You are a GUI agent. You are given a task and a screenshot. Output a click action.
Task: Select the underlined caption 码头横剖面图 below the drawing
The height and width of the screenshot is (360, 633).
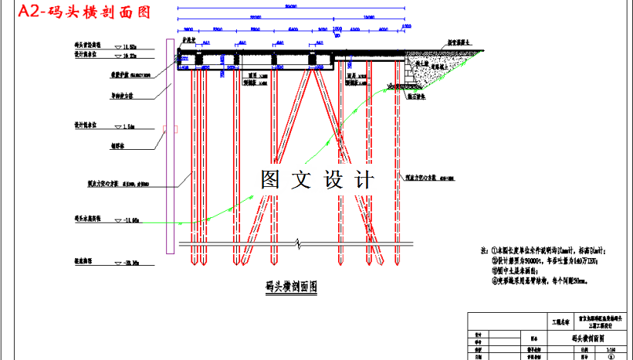coord(291,287)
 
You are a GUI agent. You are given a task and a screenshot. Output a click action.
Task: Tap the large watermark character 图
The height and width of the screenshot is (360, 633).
coord(272,181)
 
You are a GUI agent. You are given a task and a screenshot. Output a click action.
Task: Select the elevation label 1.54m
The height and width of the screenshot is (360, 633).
coord(129,125)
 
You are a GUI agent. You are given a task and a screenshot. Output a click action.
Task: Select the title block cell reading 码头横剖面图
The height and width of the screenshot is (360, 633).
coord(587,338)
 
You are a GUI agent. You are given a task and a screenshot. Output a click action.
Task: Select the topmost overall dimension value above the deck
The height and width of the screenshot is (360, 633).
coord(290,7)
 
